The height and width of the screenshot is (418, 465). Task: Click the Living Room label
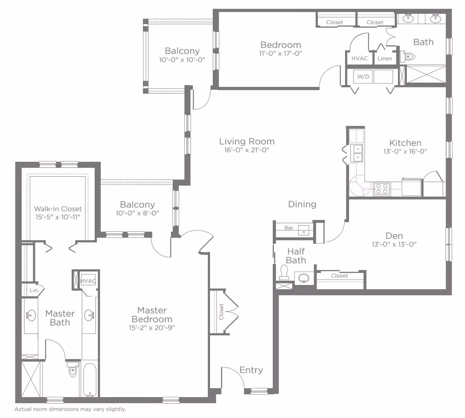pyautogui.click(x=247, y=142)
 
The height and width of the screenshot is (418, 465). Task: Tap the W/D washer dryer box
pyautogui.click(x=363, y=76)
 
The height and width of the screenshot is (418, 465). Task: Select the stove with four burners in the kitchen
pyautogui.click(x=382, y=189)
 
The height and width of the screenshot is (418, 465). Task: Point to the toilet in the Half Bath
pyautogui.click(x=284, y=272)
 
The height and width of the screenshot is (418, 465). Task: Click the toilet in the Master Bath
pyautogui.click(x=73, y=370)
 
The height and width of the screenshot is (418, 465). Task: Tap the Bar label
pyautogui.click(x=289, y=228)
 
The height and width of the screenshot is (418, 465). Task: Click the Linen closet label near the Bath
pyautogui.click(x=385, y=58)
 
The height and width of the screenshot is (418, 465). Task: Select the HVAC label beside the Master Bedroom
pyautogui.click(x=88, y=281)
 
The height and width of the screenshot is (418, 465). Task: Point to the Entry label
pyautogui.click(x=251, y=370)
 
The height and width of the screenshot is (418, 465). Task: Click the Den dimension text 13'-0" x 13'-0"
pyautogui.click(x=394, y=244)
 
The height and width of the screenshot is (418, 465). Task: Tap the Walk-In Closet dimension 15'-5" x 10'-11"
pyautogui.click(x=58, y=217)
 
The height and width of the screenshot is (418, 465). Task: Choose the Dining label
pyautogui.click(x=302, y=204)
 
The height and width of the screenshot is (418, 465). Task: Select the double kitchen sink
pyautogui.click(x=358, y=153)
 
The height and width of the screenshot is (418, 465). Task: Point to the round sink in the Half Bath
pyautogui.click(x=304, y=278)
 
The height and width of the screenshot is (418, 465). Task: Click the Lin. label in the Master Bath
pyautogui.click(x=34, y=290)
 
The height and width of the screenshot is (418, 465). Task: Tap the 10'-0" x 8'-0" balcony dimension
pyautogui.click(x=137, y=213)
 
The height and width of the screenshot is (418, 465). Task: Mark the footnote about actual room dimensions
pyautogui.click(x=70, y=409)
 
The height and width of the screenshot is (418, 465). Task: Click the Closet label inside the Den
pyautogui.click(x=339, y=276)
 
